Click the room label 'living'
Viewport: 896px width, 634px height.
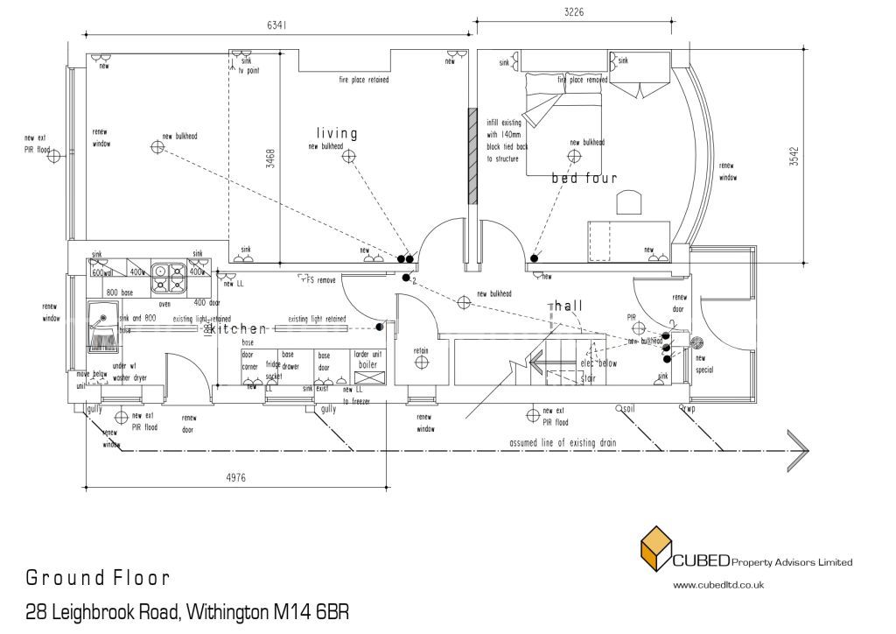tap(337, 134)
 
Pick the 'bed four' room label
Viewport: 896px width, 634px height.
tap(584, 178)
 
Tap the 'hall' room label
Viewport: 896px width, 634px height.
tap(567, 306)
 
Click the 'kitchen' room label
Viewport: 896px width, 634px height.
tap(235, 328)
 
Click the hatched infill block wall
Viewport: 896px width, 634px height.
tap(472, 156)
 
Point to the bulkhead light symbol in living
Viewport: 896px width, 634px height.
tap(349, 157)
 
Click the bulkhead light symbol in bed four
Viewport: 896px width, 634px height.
tap(574, 157)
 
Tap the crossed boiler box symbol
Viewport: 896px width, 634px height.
tap(367, 377)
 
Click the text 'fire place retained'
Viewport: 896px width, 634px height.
tap(364, 80)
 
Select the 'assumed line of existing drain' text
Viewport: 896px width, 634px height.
tap(563, 443)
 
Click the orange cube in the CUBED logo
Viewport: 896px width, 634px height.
tap(655, 551)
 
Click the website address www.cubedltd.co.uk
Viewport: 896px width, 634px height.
tap(718, 584)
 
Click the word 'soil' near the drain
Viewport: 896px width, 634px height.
tap(629, 408)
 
